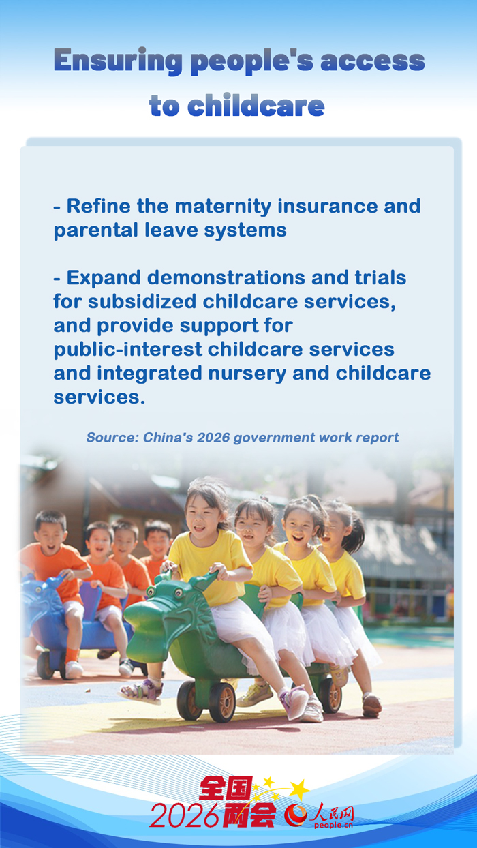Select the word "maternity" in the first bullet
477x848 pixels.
223,207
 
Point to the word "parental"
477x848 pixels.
96,230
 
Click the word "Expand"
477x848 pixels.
104,278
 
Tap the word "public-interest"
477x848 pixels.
128,350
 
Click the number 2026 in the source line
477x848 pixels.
213,437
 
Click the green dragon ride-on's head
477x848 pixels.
164,614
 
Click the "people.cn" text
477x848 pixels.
333,826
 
